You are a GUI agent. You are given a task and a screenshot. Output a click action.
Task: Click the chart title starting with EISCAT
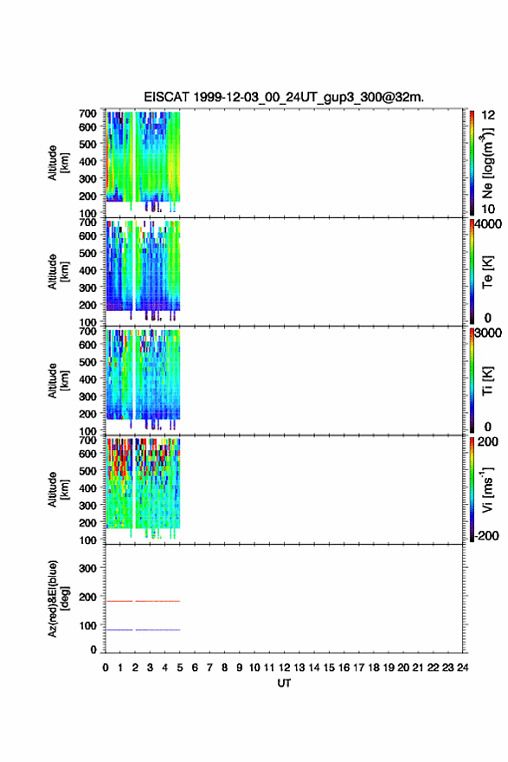284,97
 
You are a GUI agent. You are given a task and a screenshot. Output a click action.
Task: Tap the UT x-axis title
284,683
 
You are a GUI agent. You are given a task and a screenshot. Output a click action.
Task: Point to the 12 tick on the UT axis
284,668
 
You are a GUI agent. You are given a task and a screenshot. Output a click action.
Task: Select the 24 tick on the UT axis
462,668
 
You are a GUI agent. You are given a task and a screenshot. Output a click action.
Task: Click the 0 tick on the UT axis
106,668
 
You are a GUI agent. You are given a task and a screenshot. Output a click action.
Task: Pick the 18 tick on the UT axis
374,668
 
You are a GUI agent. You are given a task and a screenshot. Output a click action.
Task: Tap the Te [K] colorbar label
487,272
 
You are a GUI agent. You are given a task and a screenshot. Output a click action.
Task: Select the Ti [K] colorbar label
487,380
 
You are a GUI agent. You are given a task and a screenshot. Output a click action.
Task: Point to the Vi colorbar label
487,489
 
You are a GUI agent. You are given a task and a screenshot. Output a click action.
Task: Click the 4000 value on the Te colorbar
488,224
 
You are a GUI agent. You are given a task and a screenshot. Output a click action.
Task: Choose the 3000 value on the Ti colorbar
488,333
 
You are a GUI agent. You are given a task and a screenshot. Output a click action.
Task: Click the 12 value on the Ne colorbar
488,115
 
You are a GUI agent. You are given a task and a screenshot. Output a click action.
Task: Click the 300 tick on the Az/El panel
87,568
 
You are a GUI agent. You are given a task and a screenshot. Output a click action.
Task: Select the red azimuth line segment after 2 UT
158,601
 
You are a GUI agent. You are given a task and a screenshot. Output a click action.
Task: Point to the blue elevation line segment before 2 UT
119,630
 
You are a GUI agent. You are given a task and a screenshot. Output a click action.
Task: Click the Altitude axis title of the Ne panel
58,163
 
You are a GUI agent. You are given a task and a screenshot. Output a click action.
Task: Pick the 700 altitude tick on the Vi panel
87,440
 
